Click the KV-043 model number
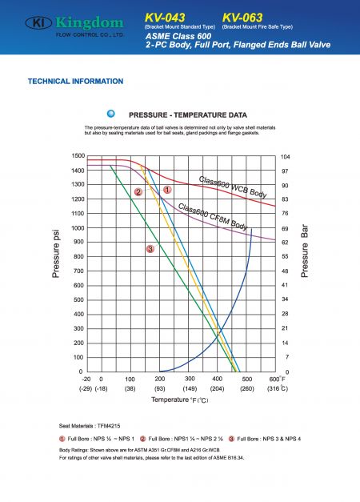click(168, 17)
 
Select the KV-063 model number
click(246, 17)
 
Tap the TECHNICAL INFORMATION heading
click(75, 81)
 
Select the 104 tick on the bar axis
click(285, 157)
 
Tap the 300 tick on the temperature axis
click(190, 379)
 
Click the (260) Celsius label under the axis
click(247, 388)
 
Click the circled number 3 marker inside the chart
click(150, 250)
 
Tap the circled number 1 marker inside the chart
click(167, 190)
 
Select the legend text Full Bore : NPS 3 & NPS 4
click(266, 440)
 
